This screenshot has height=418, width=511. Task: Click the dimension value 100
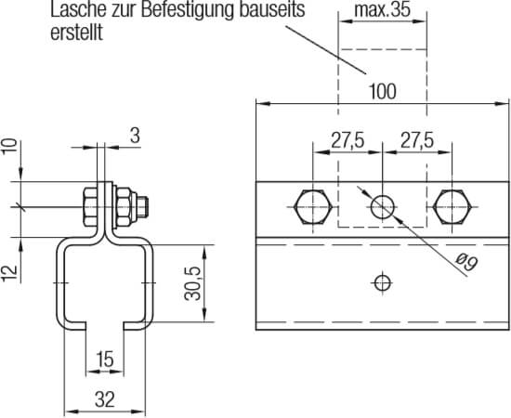[383, 91]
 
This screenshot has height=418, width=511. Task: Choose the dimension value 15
[103, 358]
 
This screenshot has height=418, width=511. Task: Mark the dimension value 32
[103, 401]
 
